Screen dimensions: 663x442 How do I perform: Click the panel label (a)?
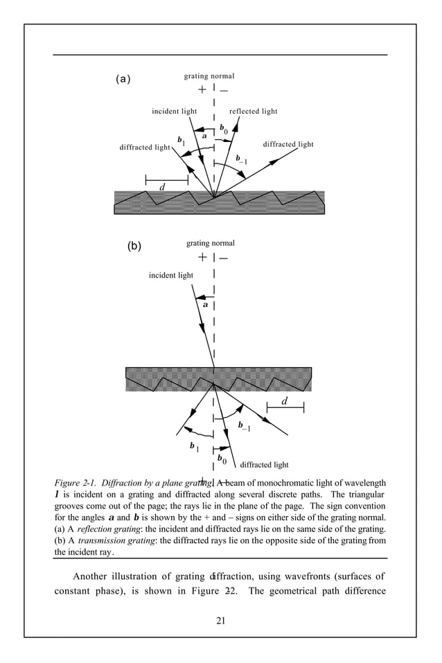123,79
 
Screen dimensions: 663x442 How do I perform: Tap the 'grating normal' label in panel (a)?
209,76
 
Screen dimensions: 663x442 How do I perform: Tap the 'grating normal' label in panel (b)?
211,243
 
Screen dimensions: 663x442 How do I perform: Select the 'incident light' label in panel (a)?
175,111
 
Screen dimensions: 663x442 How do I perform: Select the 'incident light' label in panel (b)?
171,275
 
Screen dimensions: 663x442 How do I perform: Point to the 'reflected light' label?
253,111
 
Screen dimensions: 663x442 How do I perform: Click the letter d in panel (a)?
163,187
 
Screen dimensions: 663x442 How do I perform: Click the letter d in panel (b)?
285,402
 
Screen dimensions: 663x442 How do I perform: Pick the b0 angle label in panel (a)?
224,129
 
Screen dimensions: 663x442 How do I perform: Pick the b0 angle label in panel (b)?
222,459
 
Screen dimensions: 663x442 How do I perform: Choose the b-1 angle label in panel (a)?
242,160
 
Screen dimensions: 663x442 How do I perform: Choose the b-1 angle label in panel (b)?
244,426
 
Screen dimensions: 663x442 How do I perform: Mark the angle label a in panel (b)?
206,304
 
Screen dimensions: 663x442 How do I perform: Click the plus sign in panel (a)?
202,90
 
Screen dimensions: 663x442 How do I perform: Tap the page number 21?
220,619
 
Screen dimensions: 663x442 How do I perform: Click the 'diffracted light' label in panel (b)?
264,465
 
